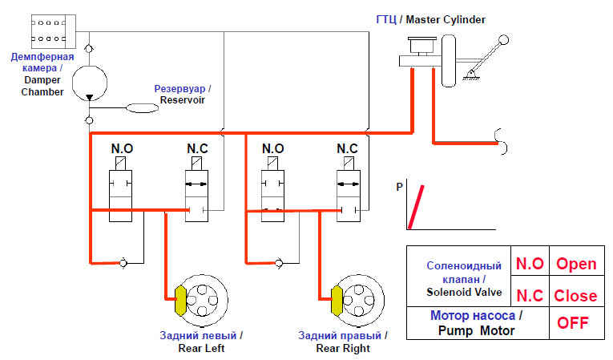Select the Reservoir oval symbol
click(x=143, y=107)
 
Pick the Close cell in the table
click(x=576, y=295)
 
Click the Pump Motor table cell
click(x=477, y=323)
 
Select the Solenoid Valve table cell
click(x=466, y=277)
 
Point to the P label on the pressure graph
click(x=399, y=188)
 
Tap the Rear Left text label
click(x=202, y=342)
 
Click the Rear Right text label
click(x=342, y=342)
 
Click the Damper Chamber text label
click(x=42, y=75)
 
